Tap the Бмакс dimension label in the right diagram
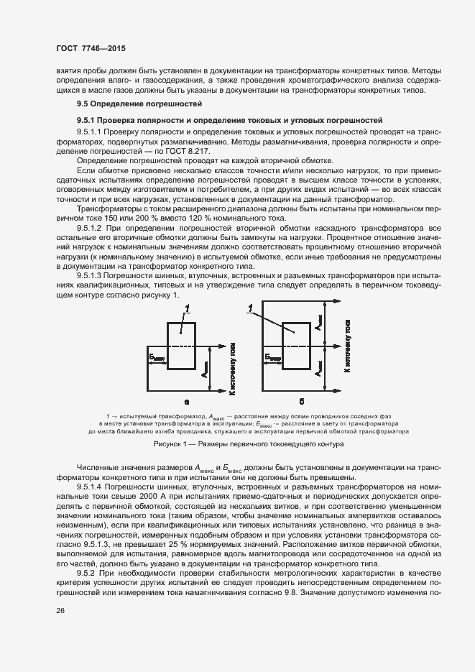pos(273,356)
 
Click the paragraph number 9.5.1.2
pos(89,227)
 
